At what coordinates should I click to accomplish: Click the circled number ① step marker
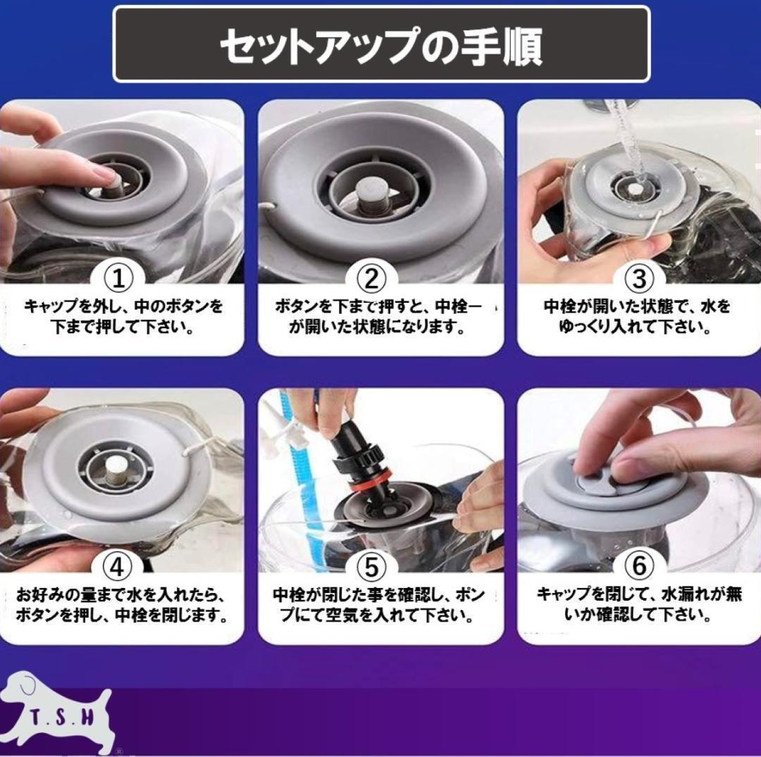click(x=118, y=278)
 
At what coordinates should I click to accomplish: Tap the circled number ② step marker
click(x=371, y=278)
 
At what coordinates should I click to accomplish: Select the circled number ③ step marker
click(x=639, y=278)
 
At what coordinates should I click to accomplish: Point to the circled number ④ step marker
click(x=118, y=566)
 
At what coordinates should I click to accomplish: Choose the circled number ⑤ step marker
click(x=371, y=566)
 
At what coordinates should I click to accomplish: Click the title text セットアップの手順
click(x=381, y=46)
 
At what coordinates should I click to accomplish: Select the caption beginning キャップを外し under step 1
click(x=123, y=317)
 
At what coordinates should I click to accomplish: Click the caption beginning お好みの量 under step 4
click(x=121, y=605)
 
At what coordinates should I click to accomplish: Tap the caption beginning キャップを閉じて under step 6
click(x=639, y=605)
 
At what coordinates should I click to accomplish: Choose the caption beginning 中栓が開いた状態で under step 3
click(x=637, y=317)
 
